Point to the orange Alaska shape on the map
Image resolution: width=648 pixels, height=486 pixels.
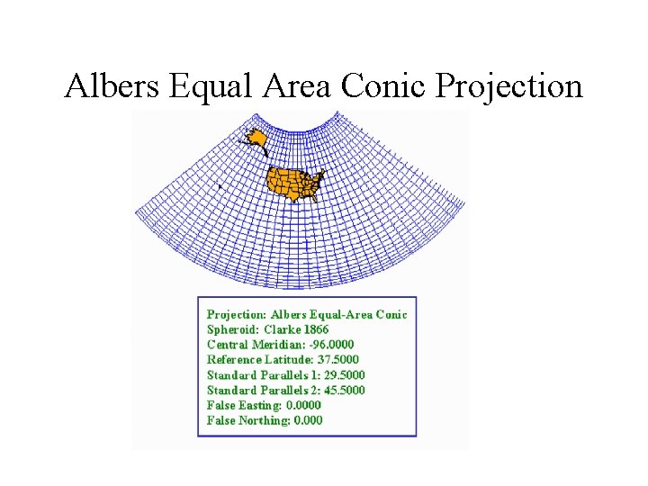[256, 139]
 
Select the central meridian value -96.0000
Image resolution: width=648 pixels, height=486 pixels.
[332, 345]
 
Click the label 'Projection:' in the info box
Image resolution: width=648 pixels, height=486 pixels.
[237, 314]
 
